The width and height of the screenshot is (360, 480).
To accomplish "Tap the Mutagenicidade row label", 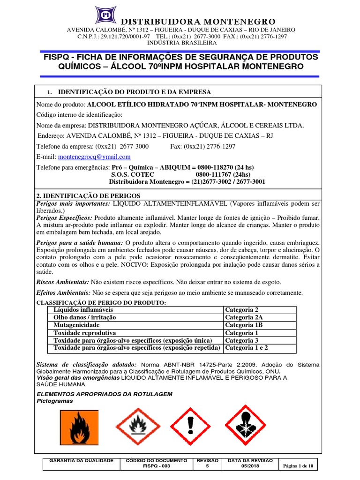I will pos(76,325).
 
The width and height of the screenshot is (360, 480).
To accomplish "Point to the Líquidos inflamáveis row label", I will pos(83,310).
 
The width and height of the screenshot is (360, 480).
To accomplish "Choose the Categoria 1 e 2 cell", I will pos(247,348).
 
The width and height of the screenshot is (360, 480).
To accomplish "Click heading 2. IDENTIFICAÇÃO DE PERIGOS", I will pos(89,195).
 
